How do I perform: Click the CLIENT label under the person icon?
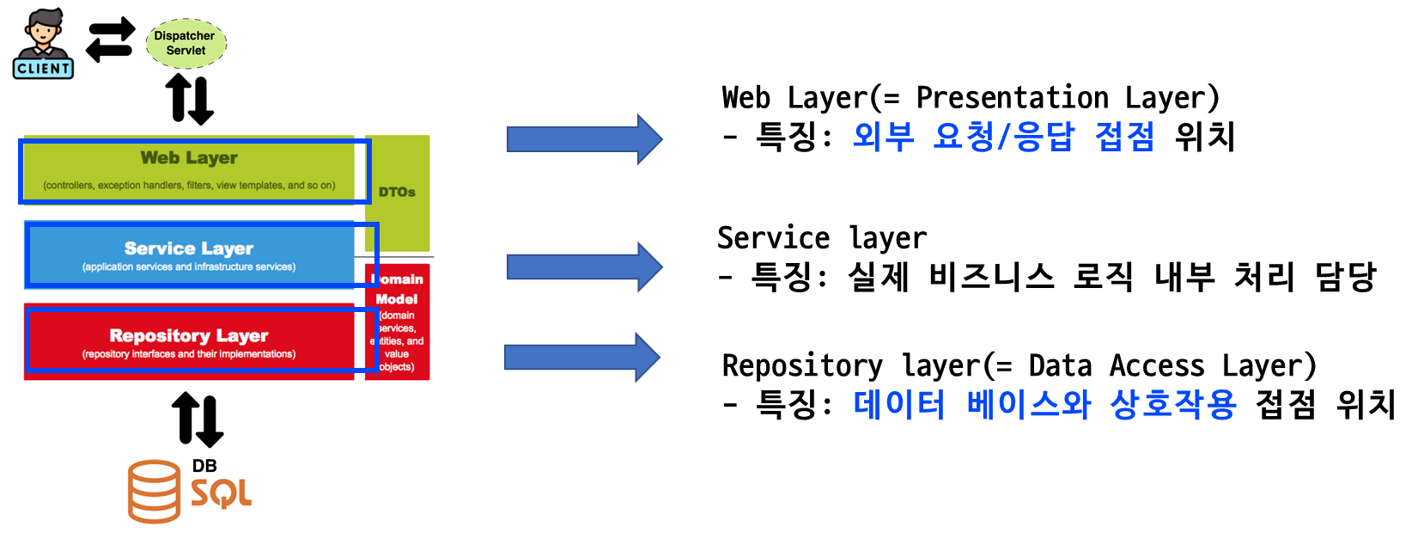(x=43, y=69)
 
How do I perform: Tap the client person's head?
(x=43, y=26)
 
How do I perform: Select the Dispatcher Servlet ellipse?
(x=186, y=43)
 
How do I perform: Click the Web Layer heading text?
(x=189, y=158)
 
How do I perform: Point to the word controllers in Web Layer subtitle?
(x=70, y=186)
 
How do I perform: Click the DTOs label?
(x=397, y=193)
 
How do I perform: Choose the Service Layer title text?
(x=189, y=248)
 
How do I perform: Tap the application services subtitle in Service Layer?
(x=189, y=267)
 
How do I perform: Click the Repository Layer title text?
(x=189, y=335)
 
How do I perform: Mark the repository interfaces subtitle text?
(x=189, y=354)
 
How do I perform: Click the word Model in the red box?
(x=397, y=299)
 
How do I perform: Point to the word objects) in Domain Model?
(x=397, y=367)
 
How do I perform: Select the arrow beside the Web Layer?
(x=584, y=139)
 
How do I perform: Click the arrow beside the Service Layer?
(x=584, y=266)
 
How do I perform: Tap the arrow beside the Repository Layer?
(x=581, y=357)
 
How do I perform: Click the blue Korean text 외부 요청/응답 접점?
(x=1003, y=137)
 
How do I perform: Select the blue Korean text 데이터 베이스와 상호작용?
(x=1044, y=404)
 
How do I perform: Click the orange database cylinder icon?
(x=155, y=492)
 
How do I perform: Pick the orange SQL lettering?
(x=221, y=493)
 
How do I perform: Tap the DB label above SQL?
(x=204, y=466)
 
